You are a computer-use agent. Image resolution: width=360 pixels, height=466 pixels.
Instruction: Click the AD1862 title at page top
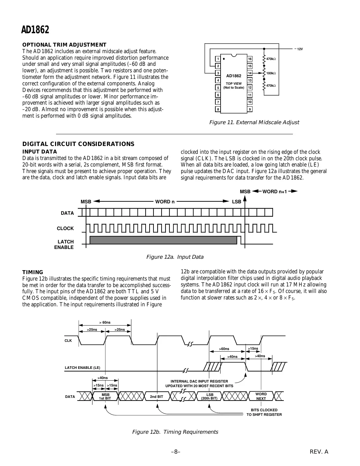point(35,30)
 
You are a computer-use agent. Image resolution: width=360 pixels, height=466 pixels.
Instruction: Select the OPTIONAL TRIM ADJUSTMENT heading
point(64,45)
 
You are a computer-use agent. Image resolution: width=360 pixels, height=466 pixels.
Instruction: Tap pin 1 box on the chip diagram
point(218,59)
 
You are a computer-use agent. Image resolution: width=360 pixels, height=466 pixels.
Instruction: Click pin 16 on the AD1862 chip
point(250,59)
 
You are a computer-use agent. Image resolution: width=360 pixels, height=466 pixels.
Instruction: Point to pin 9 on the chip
point(250,109)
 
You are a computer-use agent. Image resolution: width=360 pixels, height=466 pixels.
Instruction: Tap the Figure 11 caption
point(254,123)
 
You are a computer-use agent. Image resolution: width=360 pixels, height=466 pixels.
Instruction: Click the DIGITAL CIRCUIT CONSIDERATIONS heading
point(78,144)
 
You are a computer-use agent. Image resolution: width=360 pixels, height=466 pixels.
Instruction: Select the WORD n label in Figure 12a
point(165,202)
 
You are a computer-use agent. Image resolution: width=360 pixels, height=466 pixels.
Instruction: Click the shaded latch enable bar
point(163,240)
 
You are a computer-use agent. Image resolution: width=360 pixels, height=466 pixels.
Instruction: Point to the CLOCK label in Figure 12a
point(65,228)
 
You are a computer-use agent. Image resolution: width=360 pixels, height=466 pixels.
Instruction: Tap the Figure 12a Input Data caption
point(175,257)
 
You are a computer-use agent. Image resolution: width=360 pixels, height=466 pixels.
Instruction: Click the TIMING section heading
point(33,272)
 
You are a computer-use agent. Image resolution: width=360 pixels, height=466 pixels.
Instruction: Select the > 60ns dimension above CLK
point(105,323)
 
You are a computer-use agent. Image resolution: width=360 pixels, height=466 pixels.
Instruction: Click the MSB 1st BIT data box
point(105,396)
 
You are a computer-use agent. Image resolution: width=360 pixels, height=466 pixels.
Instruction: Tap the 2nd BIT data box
point(156,397)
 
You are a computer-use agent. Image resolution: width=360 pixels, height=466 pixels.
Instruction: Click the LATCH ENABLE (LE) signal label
point(82,368)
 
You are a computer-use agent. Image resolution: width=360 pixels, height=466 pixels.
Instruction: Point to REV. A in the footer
point(319,452)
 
